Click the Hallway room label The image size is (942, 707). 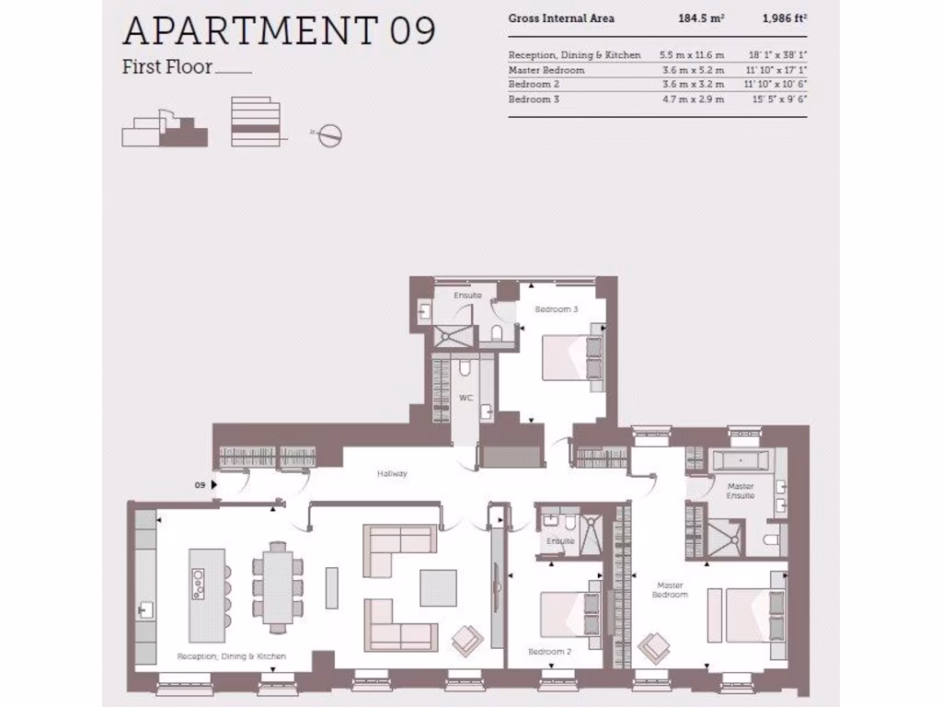pos(392,474)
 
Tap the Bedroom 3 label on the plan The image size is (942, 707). pos(557,309)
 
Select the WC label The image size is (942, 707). pos(465,398)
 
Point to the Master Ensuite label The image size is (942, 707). pos(741,491)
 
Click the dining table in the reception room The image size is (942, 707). pos(277,585)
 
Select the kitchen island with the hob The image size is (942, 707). pos(207,595)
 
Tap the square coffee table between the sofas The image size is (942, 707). pos(438,587)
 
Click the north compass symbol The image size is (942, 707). pos(330,135)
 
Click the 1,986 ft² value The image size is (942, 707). pos(784,18)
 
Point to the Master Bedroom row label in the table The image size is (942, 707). pos(546,70)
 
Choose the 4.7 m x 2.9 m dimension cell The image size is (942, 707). pos(692,99)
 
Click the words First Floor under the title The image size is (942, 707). pos(167,66)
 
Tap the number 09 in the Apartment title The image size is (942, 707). pos(411,30)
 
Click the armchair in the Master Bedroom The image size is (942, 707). pos(655,645)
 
